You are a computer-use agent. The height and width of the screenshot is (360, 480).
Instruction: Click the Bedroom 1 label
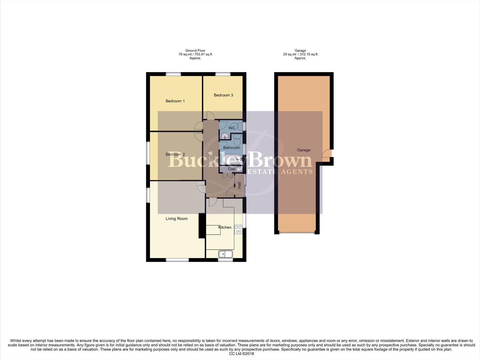pos(175,101)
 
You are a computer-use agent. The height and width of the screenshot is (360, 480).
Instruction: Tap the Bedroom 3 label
pos(223,95)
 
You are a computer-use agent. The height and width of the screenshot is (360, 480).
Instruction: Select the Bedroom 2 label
pos(175,154)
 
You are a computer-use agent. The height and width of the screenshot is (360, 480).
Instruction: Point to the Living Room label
pos(177,219)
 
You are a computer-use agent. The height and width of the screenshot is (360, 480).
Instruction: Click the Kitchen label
pos(225,227)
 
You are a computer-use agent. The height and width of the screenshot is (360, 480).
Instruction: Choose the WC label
pos(232,128)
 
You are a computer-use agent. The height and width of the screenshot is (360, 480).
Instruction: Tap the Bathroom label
pos(232,148)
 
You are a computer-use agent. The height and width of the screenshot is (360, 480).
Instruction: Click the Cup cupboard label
pos(232,169)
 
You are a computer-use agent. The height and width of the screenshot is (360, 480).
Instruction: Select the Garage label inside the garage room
pos(303,150)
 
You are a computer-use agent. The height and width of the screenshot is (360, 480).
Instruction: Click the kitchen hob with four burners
pos(238,229)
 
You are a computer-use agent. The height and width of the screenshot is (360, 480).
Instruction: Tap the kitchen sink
pos(226,254)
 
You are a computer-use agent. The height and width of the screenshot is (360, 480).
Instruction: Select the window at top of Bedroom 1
pos(174,74)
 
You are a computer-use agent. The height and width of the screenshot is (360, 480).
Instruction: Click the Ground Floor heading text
pos(195,51)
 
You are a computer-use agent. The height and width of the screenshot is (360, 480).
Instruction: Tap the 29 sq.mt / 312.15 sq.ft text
pos(300,54)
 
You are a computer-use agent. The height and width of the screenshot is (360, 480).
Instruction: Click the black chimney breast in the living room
pos(202,226)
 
